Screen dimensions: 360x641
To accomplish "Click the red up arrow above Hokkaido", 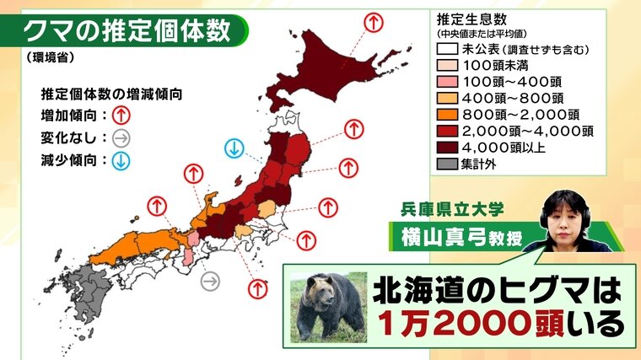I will [372, 22].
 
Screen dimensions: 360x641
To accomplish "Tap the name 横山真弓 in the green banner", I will [455, 238].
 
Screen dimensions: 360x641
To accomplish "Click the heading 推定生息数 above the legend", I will [471, 18].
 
